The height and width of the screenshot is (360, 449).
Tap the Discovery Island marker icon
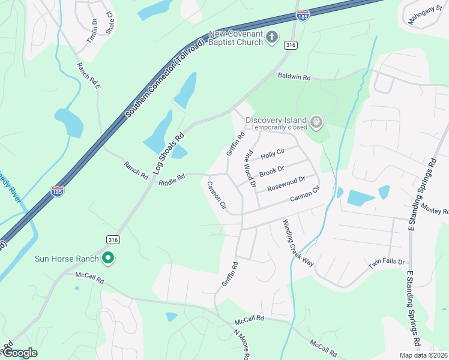pyautogui.click(x=316, y=124)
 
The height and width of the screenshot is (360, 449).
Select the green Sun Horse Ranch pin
pyautogui.click(x=108, y=259)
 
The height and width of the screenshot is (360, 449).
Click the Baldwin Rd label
pyautogui.click(x=294, y=77)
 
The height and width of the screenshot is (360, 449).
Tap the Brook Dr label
pyautogui.click(x=272, y=170)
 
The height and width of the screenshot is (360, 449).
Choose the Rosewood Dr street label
pyautogui.click(x=286, y=182)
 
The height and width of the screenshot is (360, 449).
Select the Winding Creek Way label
pyautogui.click(x=298, y=243)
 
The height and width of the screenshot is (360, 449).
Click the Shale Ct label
pyautogui.click(x=109, y=23)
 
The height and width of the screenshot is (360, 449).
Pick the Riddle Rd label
pyautogui.click(x=172, y=179)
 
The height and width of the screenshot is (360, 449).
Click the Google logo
pyautogui.click(x=20, y=353)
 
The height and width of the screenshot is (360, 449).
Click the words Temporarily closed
pyautogui.click(x=279, y=127)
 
